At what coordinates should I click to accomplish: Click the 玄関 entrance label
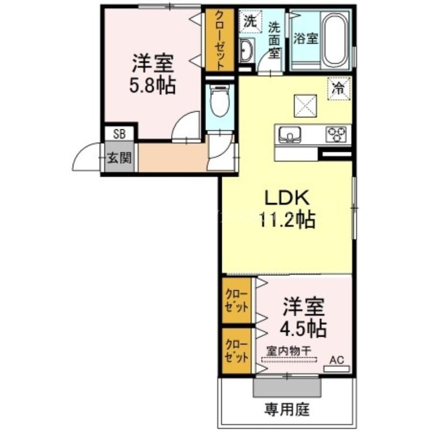coord(119,157)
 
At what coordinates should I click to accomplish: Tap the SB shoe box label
coord(119,134)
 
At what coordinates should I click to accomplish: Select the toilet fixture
coord(220,101)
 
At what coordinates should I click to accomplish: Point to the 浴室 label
coord(306,38)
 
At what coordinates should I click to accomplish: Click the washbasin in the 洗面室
coord(247,50)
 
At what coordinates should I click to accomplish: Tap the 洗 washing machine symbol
coord(250,21)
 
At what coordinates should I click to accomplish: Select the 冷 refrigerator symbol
coord(339,88)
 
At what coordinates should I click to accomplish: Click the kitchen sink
coord(290,134)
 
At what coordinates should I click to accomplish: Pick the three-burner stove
coord(336,134)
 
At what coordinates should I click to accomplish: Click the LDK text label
coord(287,198)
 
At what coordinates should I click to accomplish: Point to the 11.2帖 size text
coord(287,220)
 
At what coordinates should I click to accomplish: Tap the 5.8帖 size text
coord(152,86)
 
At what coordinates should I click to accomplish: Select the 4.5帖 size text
coord(304,329)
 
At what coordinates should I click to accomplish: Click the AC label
coord(337,360)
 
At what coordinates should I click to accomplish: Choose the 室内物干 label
coord(289,351)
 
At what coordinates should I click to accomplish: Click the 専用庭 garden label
coord(287,409)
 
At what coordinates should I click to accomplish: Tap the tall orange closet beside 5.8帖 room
coord(220,40)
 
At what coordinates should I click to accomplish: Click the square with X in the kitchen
coord(305,106)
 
